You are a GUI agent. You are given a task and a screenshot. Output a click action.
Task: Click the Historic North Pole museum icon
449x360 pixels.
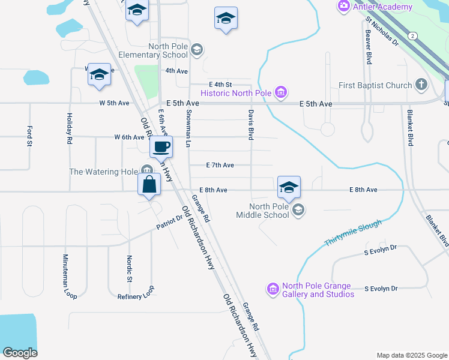pos(280,92)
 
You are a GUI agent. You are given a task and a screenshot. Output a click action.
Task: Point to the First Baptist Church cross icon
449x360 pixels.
pos(421,85)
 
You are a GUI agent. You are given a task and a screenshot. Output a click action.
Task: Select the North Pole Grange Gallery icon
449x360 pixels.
pos(273,289)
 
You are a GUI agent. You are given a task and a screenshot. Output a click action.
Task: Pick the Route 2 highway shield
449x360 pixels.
pos(412,37)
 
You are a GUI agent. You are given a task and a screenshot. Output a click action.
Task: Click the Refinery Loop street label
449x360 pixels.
pos(136,292)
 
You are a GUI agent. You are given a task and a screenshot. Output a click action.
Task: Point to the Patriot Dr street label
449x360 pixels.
pos(169,222)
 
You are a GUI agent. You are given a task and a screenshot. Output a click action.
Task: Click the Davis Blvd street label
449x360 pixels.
pos(251,124)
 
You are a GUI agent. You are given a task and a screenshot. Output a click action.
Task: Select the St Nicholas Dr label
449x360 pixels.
pos(382,32)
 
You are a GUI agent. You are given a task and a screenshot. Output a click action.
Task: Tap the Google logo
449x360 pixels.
pos(20,353)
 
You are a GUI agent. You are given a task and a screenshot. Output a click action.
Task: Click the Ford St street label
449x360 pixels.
pos(29,136)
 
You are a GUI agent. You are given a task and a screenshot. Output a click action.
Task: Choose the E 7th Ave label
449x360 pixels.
pos(220,165)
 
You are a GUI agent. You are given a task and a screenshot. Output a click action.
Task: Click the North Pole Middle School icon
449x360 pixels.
pos(298,210)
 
